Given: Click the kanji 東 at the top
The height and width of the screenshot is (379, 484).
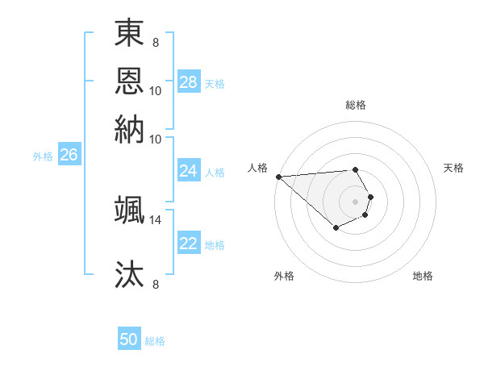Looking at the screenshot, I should pos(129,34).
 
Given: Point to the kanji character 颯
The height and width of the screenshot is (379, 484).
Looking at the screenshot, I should pos(129,209).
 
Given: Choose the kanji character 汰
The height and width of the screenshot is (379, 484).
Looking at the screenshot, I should pos(129,273).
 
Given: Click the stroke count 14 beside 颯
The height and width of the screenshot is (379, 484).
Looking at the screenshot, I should pos(156,219).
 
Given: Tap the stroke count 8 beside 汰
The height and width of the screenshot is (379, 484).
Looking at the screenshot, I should pos(156,284).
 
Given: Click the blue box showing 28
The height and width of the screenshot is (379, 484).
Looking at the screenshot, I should pos(189,82).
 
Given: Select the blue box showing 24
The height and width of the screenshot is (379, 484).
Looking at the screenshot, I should pos(189,171).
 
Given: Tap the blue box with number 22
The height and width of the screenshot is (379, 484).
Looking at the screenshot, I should pos(189,244).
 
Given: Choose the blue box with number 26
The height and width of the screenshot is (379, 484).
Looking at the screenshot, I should pos(69,156).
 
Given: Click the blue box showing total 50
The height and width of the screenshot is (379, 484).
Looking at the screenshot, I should pos(129,339).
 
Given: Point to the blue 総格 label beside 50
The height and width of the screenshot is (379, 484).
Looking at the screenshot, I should pos(155,341).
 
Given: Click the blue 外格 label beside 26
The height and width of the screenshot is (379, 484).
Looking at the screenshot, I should pos(43,156).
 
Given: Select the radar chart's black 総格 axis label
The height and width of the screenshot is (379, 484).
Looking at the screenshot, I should pos(356,105).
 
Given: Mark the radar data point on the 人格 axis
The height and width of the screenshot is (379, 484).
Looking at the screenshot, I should pos(278,176).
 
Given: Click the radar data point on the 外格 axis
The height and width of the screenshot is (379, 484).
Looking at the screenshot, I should pos(336,228).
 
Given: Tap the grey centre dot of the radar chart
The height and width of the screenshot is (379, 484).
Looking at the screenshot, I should pos(356,200).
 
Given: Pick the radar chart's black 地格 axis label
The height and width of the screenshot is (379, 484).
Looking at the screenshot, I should pos(423,276).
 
